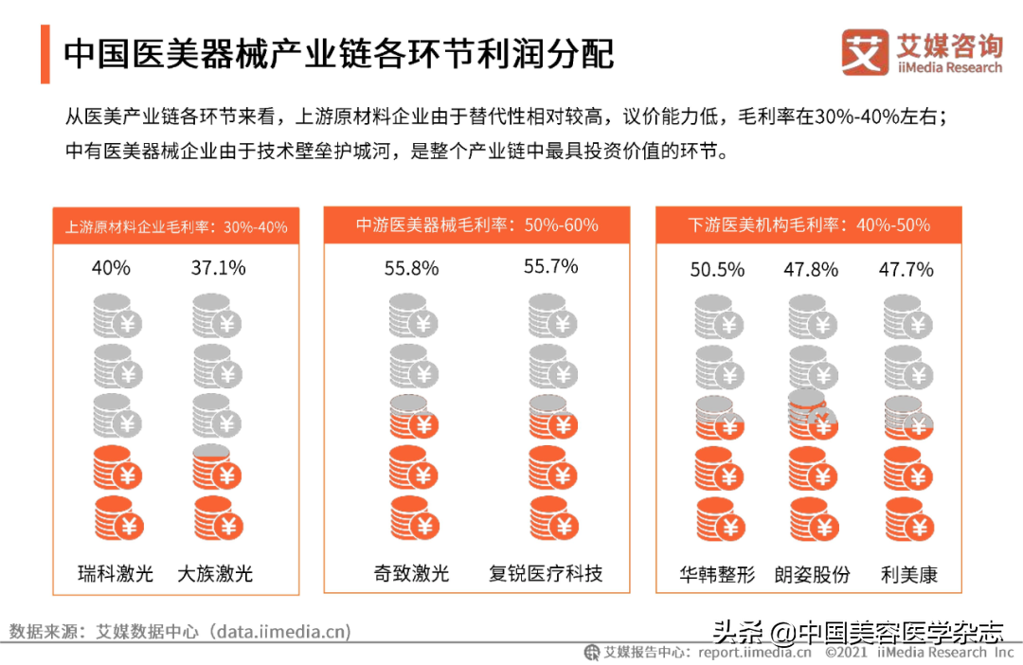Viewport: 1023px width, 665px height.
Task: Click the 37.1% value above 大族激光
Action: point(218,268)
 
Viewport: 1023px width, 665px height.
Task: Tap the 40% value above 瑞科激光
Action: point(111,268)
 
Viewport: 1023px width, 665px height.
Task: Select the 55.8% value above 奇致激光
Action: point(411,268)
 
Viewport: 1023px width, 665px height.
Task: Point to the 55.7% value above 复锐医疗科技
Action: point(551,267)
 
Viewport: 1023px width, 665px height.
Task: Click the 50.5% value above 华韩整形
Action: point(717,270)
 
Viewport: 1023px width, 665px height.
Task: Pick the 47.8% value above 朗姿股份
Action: point(811,270)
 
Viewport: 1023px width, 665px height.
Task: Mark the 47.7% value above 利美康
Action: point(906,270)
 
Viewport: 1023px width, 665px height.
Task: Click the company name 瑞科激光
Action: point(116,573)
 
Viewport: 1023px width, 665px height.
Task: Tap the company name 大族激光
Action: point(215,573)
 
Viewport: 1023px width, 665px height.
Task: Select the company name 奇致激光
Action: point(411,573)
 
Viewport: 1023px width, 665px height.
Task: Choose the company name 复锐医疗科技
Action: point(546,573)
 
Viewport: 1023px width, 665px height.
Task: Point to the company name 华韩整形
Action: point(717,574)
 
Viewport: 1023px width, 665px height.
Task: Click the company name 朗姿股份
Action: point(812,574)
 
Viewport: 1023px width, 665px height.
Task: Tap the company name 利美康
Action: point(908,574)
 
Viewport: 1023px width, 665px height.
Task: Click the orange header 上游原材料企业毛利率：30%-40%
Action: point(176,227)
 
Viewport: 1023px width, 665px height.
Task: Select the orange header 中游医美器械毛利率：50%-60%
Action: point(476,225)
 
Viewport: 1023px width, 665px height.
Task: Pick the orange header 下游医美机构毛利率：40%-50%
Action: point(808,225)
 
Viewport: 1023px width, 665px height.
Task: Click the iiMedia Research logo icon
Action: point(865,52)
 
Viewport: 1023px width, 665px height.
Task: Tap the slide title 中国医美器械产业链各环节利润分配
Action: point(338,54)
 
